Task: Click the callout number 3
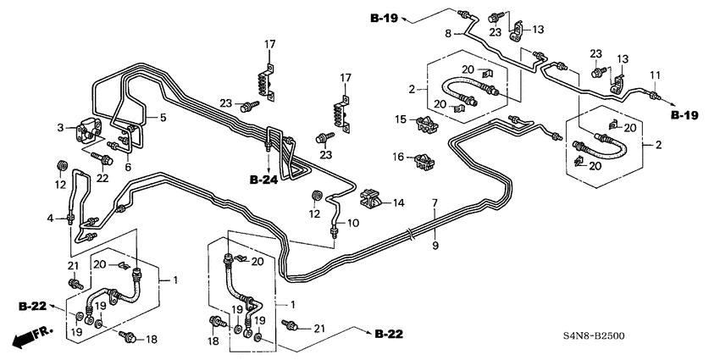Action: coord(61,128)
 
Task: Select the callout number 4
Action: coord(52,219)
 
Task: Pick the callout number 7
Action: coord(435,203)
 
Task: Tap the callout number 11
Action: coord(653,76)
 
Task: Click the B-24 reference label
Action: coord(264,180)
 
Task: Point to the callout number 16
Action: coord(398,157)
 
